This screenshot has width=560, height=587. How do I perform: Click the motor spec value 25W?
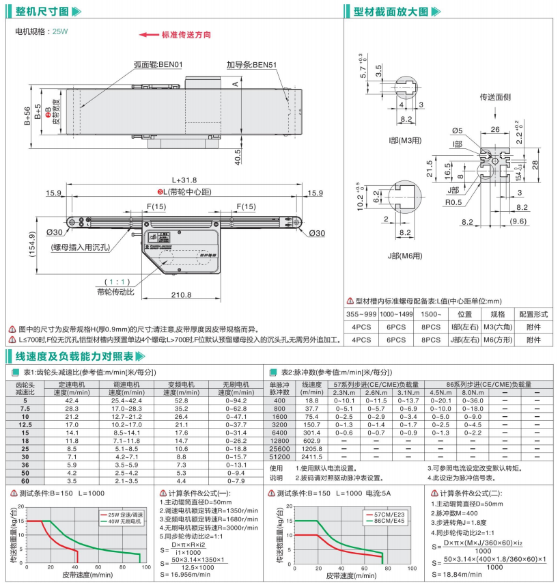click(x=61, y=31)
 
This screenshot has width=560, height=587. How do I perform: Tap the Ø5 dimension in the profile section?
click(x=458, y=131)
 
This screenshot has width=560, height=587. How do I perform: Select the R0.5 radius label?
click(x=453, y=202)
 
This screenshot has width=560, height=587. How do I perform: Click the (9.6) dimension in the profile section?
click(x=520, y=221)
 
